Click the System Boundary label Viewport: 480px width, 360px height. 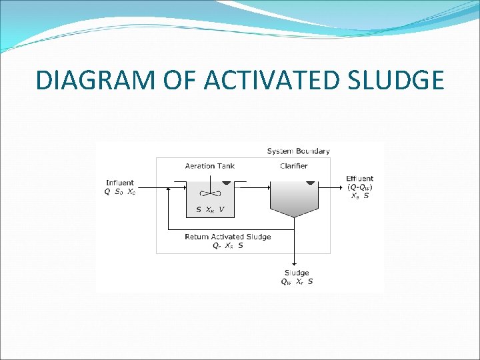pyautogui.click(x=298, y=151)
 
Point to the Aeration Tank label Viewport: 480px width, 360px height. pyautogui.click(x=209, y=166)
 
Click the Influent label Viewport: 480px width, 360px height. pyautogui.click(x=119, y=183)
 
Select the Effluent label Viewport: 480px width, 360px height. pyautogui.click(x=359, y=179)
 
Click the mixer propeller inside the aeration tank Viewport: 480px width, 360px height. pyautogui.click(x=210, y=194)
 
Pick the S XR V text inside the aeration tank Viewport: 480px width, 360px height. pyautogui.click(x=210, y=210)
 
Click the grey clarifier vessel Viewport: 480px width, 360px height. pyautogui.click(x=295, y=200)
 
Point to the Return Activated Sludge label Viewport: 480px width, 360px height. pyautogui.click(x=227, y=237)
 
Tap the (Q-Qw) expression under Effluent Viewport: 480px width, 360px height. pyautogui.click(x=359, y=187)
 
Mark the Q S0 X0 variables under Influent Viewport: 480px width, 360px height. pyautogui.click(x=120, y=192)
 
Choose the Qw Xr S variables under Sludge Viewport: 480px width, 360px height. pyautogui.click(x=297, y=281)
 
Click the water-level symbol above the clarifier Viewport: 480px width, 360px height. pyautogui.click(x=309, y=182)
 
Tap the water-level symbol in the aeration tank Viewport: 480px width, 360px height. pyautogui.click(x=227, y=182)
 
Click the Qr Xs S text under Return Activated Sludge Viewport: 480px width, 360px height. pyautogui.click(x=227, y=245)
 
